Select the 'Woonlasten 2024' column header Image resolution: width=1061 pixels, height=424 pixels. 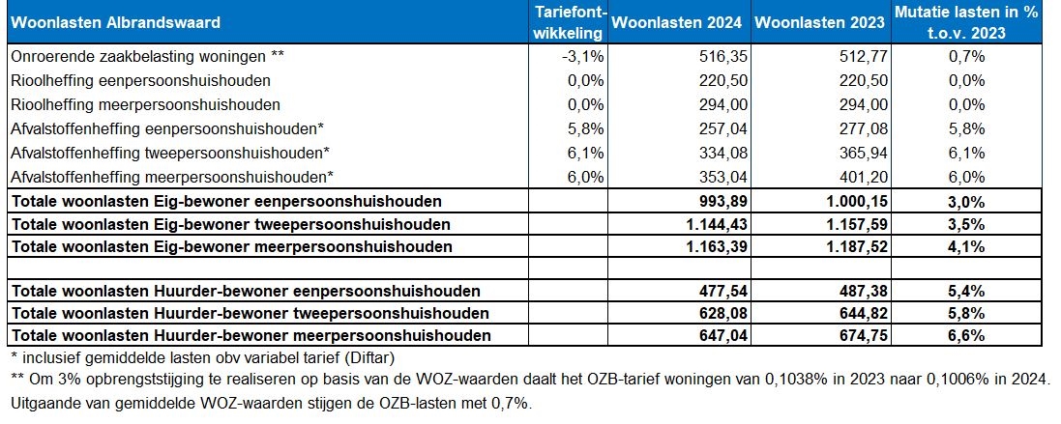click(678, 21)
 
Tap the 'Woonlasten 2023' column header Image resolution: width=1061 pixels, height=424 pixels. click(820, 21)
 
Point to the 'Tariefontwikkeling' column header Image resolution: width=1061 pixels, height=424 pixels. click(571, 21)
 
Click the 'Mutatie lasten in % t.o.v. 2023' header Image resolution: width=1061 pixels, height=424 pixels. click(965, 21)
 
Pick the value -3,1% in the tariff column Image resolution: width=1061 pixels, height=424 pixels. click(584, 57)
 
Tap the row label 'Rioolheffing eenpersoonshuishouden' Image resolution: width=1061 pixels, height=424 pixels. click(141, 80)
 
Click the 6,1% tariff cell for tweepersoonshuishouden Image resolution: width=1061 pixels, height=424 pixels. click(587, 153)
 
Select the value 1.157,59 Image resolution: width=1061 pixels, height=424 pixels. click(853, 224)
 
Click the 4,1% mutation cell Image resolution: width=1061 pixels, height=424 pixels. click(965, 247)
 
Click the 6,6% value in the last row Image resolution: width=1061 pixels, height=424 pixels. click(965, 336)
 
